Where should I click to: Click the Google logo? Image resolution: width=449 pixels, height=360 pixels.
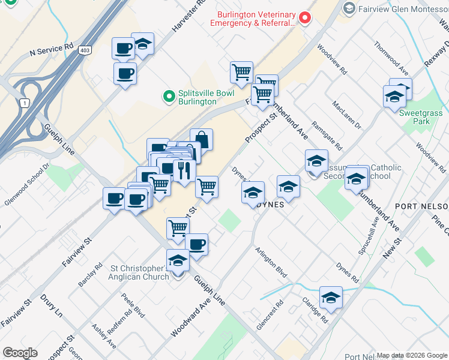pyautogui.click(x=20, y=353)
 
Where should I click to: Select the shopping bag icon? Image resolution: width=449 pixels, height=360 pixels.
pyautogui.click(x=202, y=139)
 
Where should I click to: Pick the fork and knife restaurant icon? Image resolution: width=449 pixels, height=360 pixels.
pyautogui.click(x=184, y=170)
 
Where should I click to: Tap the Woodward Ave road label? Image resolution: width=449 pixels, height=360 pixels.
pyautogui.click(x=191, y=317)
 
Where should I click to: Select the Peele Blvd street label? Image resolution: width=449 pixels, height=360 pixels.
pyautogui.click(x=133, y=305)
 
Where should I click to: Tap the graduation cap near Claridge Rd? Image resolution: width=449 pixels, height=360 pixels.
pyautogui.click(x=331, y=297)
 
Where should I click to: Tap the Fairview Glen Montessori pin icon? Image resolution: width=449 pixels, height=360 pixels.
pyautogui.click(x=349, y=8)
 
